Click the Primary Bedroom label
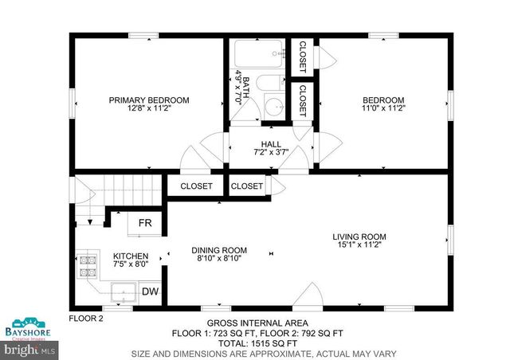pos(149,100)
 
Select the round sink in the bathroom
pos(274,108)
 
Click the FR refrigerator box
pos(146,223)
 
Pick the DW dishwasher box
pos(150,292)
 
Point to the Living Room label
pos(359,237)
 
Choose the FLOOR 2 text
pos(86,318)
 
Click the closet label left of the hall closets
pos(197,186)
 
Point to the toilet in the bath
pos(271,82)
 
